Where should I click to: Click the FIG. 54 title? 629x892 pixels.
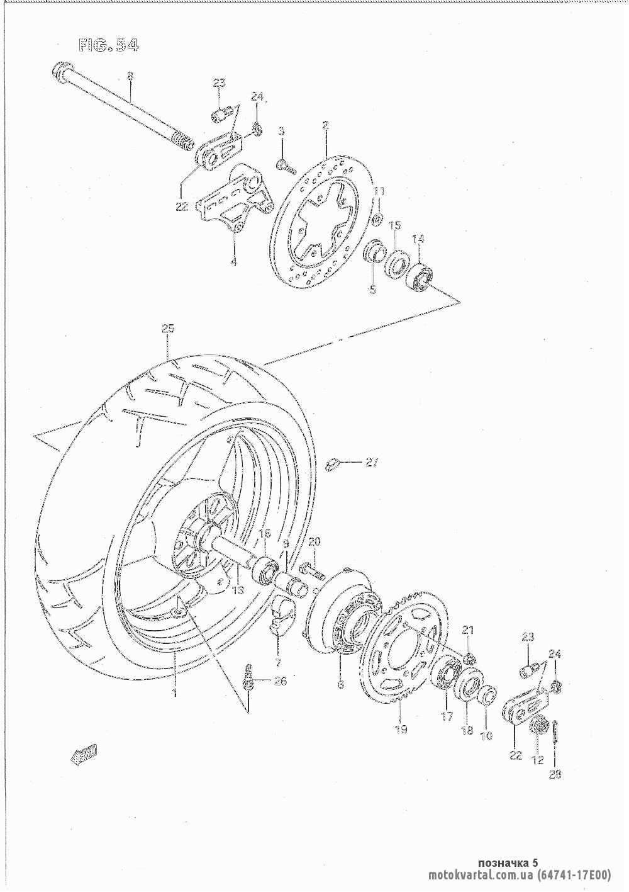pos(108,46)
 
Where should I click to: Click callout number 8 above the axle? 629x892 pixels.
pos(130,77)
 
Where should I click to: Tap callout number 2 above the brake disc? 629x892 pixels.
pos(325,126)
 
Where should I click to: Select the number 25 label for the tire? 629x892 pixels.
pos(167,329)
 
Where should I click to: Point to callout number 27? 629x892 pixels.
pos(372,463)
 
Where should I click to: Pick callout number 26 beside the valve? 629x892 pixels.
pos(281,680)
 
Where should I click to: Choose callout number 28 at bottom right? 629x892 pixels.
pos(555,775)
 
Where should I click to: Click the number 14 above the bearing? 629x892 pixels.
pos(418,239)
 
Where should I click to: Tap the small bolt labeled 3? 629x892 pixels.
pos(284,165)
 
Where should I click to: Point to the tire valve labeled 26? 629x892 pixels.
pos(249,676)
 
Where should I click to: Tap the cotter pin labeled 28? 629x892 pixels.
pos(557,733)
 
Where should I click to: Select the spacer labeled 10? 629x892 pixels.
pos(487,697)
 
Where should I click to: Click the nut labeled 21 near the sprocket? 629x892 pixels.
pos(469,658)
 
